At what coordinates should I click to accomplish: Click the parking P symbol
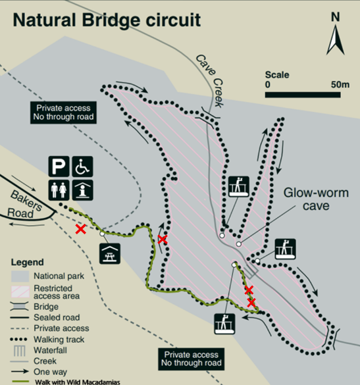tap(59, 167)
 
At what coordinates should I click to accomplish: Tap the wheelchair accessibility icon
tap(82, 167)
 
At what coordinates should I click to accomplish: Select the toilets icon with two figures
tap(59, 190)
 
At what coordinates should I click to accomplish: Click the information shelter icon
tap(82, 190)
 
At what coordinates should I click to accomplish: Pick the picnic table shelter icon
tap(110, 253)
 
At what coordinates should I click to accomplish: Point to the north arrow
tap(335, 41)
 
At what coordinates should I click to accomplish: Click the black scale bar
tap(303, 95)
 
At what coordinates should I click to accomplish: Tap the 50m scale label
tap(340, 84)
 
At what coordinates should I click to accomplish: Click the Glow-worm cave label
tap(316, 199)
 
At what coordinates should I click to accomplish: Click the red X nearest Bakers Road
tap(81, 229)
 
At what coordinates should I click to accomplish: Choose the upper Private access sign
tap(63, 113)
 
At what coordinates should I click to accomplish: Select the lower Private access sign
tap(192, 359)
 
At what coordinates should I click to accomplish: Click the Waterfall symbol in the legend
tap(19, 351)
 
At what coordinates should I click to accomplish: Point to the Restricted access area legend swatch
tap(20, 292)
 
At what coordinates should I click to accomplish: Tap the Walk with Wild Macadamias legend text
tap(78, 382)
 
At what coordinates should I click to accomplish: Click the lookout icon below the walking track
tap(224, 324)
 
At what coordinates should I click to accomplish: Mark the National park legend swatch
tap(20, 276)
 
